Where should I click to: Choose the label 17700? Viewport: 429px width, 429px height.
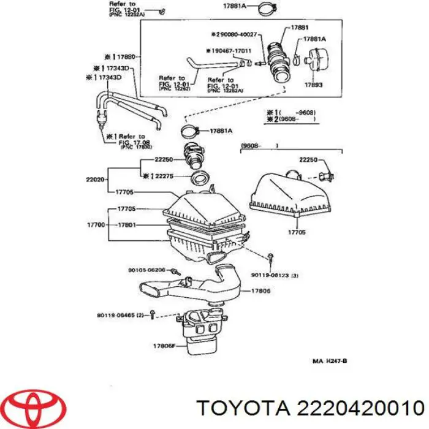97,225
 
